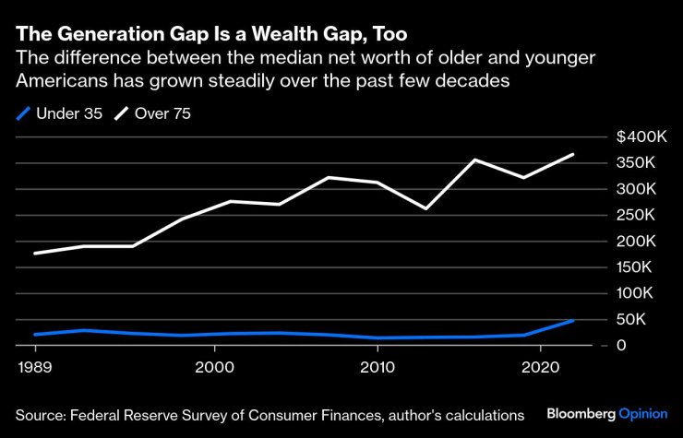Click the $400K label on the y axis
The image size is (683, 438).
click(x=641, y=137)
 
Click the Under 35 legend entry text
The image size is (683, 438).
click(x=68, y=113)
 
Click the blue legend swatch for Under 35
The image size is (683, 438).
click(x=22, y=113)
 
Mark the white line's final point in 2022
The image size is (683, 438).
click(x=574, y=154)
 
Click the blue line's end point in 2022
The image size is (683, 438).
click(x=574, y=321)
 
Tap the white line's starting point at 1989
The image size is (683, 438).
click(x=35, y=253)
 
